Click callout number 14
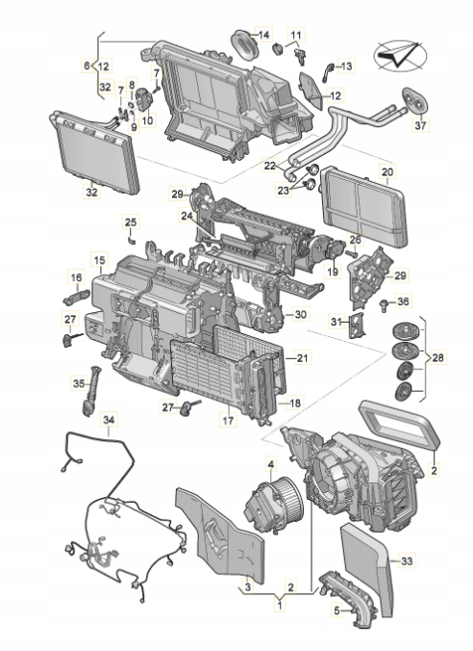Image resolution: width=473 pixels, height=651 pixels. tap(263, 35)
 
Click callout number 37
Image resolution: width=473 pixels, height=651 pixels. tap(419, 125)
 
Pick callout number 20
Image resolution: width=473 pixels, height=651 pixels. tap(387, 173)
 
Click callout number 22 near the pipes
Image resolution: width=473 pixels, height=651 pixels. tap(272, 166)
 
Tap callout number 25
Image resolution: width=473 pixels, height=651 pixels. tap(131, 222)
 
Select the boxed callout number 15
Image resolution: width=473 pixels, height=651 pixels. tap(99, 260)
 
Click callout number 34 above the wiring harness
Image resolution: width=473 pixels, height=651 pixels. tap(109, 420)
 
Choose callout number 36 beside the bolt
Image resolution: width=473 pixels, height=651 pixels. tap(403, 301)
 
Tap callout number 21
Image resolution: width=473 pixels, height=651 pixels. tap(303, 358)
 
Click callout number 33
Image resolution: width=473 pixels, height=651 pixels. tap(407, 560)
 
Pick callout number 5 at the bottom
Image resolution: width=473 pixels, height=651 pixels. tap(336, 610)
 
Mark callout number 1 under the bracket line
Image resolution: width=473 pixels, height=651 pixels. tap(280, 605)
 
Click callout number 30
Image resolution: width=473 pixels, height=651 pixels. tap(301, 315)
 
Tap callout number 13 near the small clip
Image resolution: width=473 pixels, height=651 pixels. tap(346, 65)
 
